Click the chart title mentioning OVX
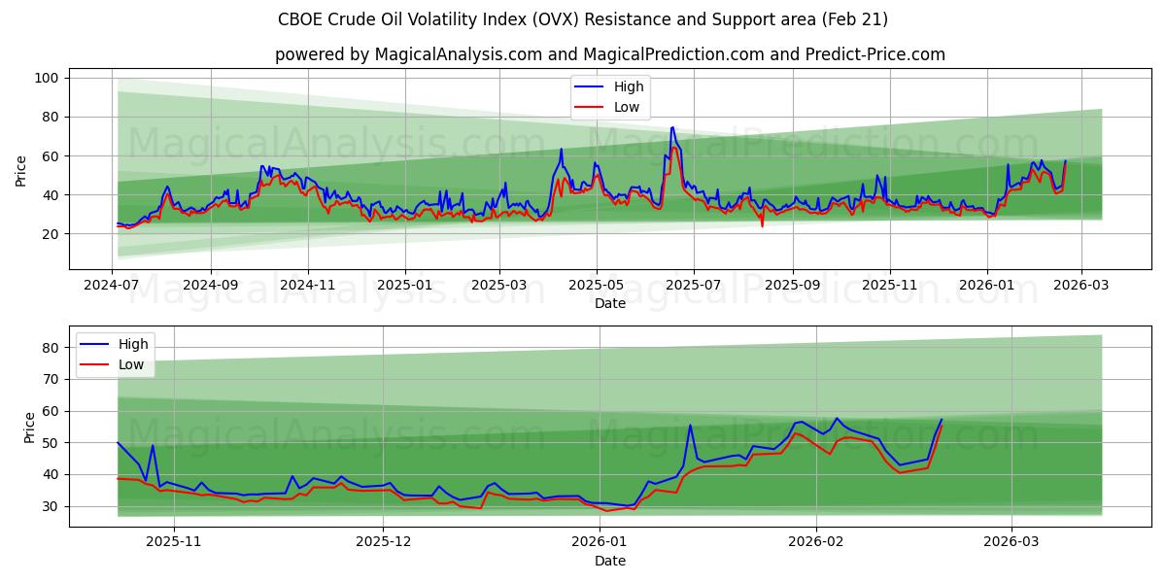click(583, 19)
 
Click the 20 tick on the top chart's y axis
click(51, 234)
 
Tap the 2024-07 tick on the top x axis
click(113, 286)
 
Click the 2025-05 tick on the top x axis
click(596, 286)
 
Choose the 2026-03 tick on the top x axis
click(1081, 286)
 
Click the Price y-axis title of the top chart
click(21, 171)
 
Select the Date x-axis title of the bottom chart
click(609, 561)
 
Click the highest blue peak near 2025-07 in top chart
click(672, 126)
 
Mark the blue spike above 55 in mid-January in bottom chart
click(690, 425)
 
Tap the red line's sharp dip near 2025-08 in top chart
click(762, 225)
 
